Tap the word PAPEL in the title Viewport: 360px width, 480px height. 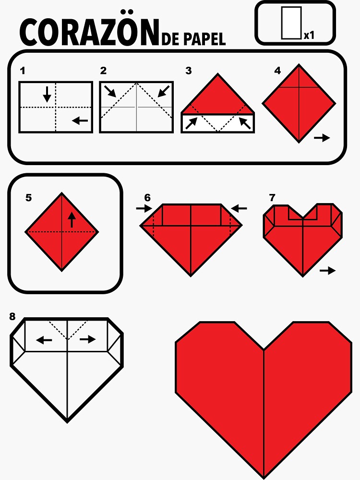pos(205,39)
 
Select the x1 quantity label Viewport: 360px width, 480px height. pos(309,36)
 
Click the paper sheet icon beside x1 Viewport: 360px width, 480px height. pos(291,23)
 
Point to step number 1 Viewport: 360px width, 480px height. pos(23,71)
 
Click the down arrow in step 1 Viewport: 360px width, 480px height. pos(47,94)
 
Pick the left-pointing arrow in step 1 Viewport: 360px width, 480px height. pos(80,120)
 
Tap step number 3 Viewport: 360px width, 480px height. pos(189,71)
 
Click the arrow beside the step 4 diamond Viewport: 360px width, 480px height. pos(322,138)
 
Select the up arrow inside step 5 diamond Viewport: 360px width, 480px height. pos(72,220)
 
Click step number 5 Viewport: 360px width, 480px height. pos(28,198)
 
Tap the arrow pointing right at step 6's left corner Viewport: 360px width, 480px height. pos(144,209)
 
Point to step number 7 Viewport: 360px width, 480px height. pos(272,198)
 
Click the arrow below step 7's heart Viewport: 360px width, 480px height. pos(327,271)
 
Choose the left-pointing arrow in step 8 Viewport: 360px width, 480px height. pos(44,339)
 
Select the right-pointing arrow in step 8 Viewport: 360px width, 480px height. pos(87,339)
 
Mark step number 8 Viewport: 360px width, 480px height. pos(12,316)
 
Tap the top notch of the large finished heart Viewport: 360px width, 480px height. pos(264,349)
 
